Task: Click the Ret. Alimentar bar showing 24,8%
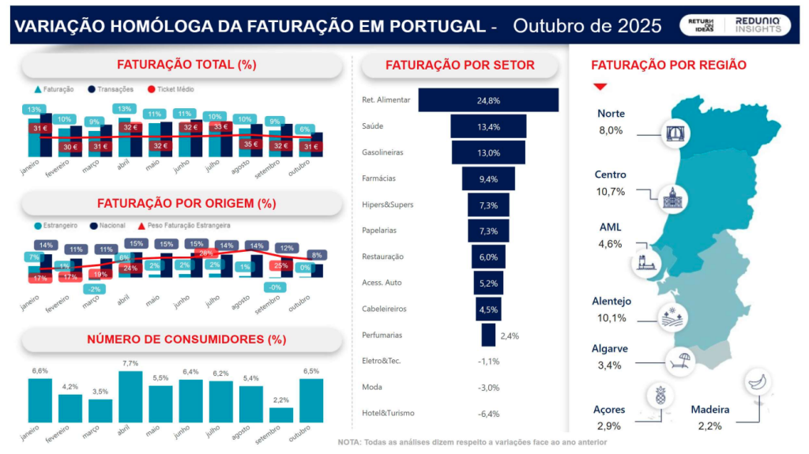pos(488,100)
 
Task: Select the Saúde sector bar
pos(488,126)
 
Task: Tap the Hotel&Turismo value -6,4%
pos(488,413)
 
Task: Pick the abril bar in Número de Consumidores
pos(130,396)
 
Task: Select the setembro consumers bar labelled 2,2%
pos(280,415)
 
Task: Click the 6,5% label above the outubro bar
pos(310,371)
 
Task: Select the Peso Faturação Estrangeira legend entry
pos(186,226)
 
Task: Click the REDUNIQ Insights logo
pos(757,25)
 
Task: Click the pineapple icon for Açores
pos(658,395)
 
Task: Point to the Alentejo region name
pos(611,302)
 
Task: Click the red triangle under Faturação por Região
pos(600,86)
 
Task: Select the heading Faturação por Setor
pos(459,66)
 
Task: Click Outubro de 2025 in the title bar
pos(587,26)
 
